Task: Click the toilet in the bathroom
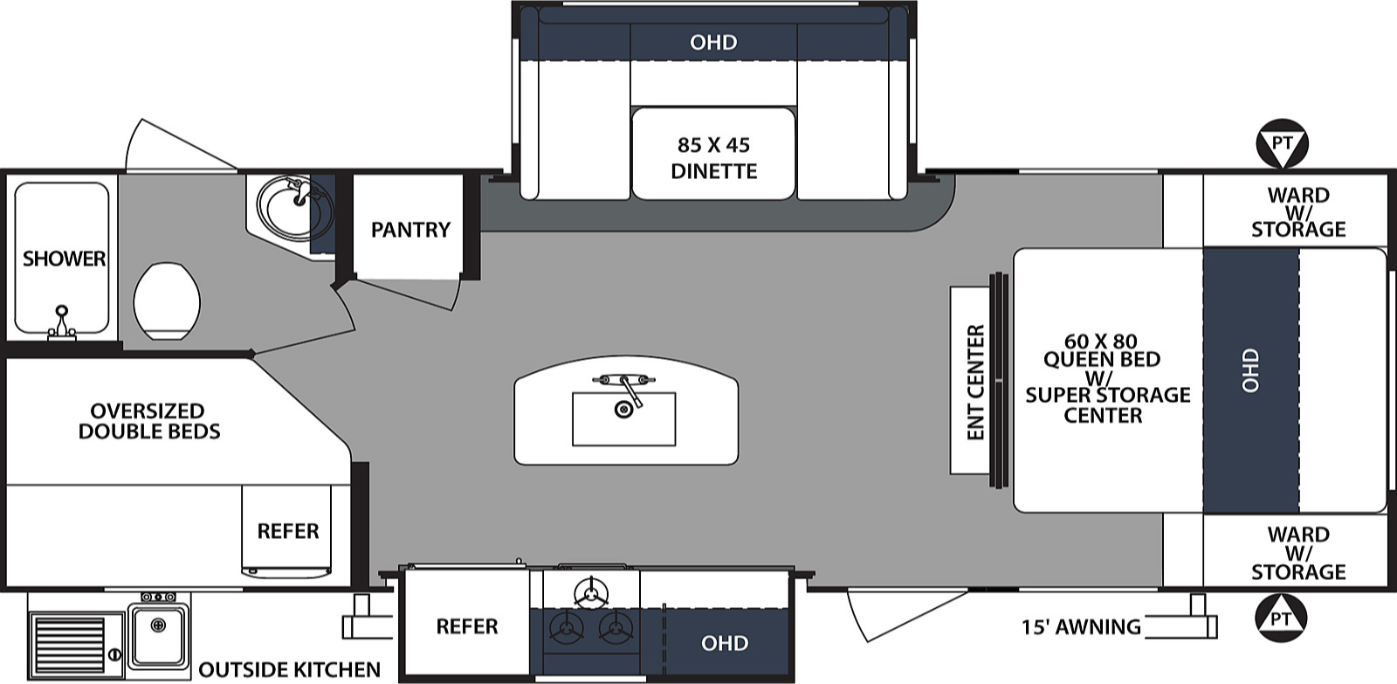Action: tap(167, 301)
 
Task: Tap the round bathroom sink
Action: tap(294, 209)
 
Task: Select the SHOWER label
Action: tap(65, 259)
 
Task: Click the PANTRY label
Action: tap(410, 230)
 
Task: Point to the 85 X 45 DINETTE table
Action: tap(713, 154)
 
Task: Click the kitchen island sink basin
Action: tap(623, 418)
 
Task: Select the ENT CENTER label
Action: tap(975, 382)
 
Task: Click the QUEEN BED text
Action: tap(1102, 360)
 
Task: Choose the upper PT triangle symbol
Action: tap(1282, 143)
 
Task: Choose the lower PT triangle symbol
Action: tap(1280, 618)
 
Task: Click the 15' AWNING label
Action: tap(1081, 626)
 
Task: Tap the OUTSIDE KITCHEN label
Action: tap(289, 670)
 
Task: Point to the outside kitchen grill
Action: tap(70, 645)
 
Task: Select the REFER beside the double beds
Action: tap(287, 531)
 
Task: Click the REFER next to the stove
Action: tap(466, 626)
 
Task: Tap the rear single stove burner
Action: tap(590, 593)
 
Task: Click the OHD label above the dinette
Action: tap(713, 42)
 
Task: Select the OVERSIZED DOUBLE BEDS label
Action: tap(149, 421)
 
